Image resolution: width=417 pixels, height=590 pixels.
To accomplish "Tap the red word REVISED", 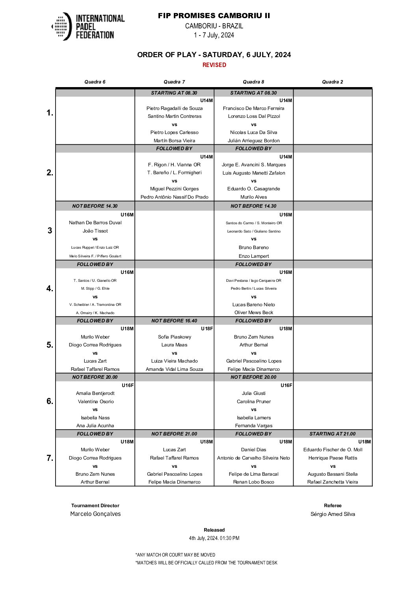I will point(214,65).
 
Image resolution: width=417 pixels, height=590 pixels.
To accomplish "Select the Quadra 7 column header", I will point(174,82).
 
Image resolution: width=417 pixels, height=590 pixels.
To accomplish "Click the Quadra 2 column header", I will point(332,82).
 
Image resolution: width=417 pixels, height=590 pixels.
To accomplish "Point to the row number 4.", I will point(50,288).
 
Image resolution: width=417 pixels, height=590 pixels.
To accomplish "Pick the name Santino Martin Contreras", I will point(174,116).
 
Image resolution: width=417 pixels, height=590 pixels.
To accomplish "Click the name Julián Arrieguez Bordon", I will point(253,141).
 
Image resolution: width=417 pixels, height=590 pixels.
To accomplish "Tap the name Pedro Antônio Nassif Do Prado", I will point(174,197).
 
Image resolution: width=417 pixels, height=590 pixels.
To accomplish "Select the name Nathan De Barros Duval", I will point(95,223).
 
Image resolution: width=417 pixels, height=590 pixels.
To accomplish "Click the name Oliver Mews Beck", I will point(253,313).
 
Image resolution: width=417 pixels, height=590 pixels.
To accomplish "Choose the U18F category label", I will point(207,329).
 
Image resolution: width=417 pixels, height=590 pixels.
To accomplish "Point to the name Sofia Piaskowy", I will point(174,337).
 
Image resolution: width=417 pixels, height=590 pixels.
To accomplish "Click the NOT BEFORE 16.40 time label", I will point(174,321).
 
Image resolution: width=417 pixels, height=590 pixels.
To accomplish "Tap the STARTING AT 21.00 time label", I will point(332,434).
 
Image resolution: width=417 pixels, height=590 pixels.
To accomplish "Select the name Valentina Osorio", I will point(95,402).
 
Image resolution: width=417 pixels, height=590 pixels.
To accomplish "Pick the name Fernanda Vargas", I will point(253,426).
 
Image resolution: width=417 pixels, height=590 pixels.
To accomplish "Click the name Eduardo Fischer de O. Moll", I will point(333,450).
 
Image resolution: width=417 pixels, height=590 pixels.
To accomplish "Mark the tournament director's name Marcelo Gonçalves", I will point(95,514).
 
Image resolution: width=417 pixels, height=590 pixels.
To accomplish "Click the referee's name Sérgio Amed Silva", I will point(333,514).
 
